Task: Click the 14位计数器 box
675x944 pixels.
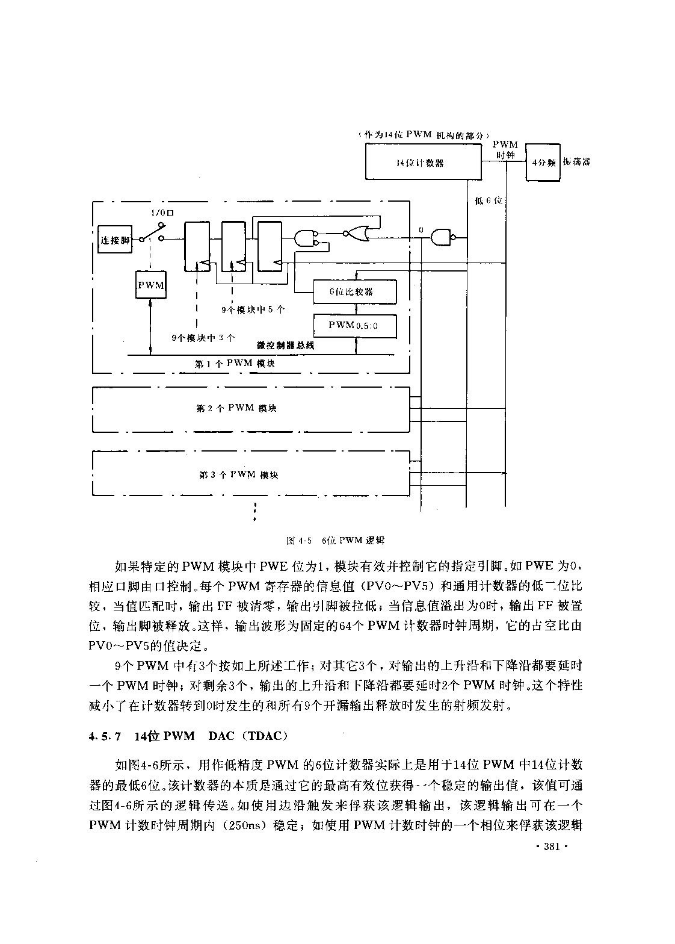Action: [x=423, y=162]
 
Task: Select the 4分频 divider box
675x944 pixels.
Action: [x=543, y=163]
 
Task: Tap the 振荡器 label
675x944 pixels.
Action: [x=576, y=162]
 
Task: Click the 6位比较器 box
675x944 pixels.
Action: [x=355, y=291]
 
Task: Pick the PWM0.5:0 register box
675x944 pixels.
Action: [x=355, y=326]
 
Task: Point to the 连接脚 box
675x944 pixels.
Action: [x=114, y=240]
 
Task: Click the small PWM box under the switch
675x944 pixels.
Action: [x=151, y=285]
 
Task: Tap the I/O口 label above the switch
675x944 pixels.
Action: [x=162, y=213]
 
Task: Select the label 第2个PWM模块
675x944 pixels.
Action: [x=236, y=408]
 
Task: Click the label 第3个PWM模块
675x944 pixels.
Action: [x=238, y=475]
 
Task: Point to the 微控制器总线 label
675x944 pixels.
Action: [x=286, y=346]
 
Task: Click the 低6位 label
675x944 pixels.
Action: [x=489, y=200]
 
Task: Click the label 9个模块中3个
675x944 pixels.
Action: [x=203, y=338]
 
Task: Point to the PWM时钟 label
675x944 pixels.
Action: [x=505, y=149]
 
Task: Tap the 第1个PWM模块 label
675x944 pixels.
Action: [x=235, y=363]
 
